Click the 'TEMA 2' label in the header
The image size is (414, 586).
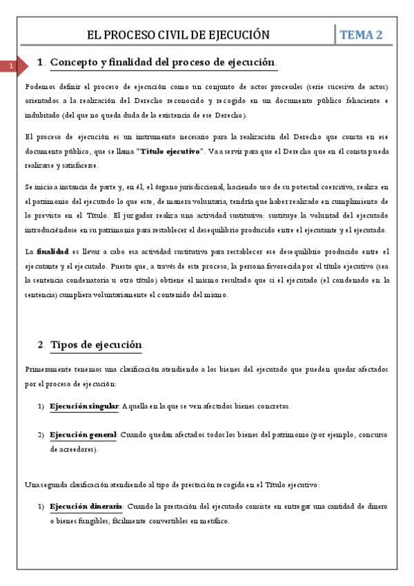click(362, 35)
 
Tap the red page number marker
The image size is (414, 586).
click(11, 66)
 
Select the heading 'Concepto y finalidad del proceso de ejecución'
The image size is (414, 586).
click(164, 62)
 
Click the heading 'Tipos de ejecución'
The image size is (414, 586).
click(97, 344)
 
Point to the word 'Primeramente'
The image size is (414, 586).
click(46, 370)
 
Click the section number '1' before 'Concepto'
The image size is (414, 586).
click(40, 63)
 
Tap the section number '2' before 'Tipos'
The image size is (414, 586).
click(41, 345)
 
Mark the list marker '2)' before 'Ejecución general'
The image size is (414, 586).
click(41, 435)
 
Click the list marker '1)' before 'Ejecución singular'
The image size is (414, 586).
click(41, 406)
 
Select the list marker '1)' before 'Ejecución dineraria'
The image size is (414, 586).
click(41, 507)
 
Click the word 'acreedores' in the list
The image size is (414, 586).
click(76, 449)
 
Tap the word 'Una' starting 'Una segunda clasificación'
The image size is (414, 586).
click(30, 484)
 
